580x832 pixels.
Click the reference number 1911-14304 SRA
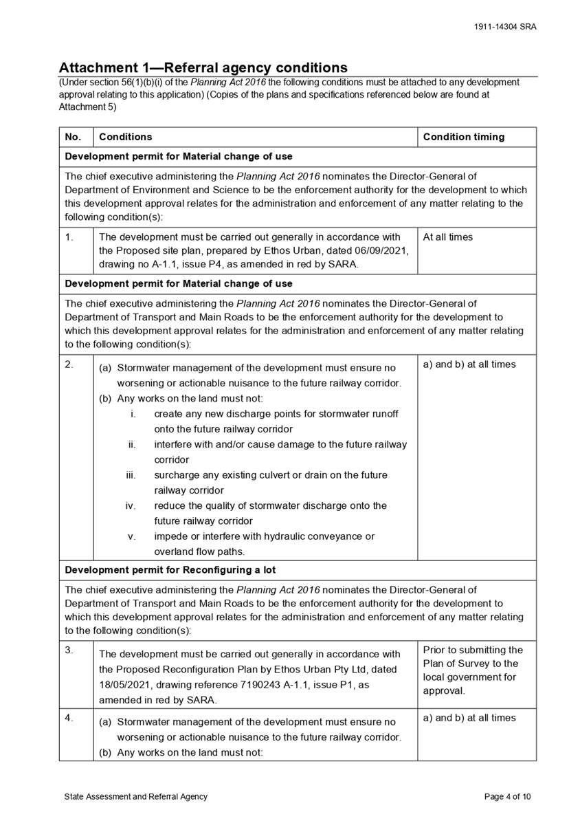(x=505, y=27)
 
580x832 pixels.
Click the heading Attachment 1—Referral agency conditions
(x=203, y=67)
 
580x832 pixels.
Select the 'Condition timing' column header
(x=463, y=137)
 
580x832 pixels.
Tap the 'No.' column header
(x=73, y=137)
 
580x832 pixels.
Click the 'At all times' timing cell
(x=447, y=237)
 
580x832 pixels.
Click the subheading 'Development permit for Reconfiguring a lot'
(x=170, y=570)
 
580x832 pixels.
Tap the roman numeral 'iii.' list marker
(x=131, y=475)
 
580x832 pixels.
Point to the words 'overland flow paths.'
(x=199, y=551)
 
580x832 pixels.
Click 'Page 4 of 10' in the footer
(x=507, y=797)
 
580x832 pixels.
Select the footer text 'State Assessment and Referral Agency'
(x=135, y=797)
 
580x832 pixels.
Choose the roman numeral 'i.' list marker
(x=133, y=414)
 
